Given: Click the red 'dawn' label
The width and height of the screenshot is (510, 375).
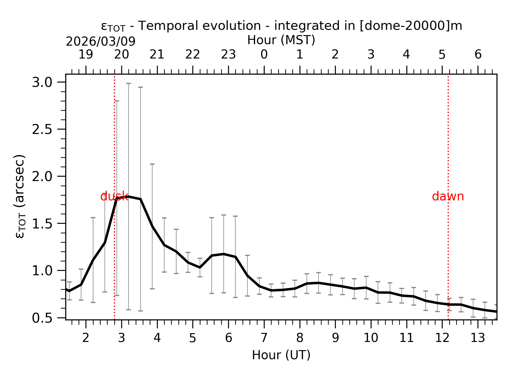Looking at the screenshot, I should [448, 197].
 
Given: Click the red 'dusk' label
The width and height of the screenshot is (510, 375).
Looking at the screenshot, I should [114, 197].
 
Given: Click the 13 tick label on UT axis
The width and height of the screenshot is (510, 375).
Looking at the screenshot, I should [478, 338].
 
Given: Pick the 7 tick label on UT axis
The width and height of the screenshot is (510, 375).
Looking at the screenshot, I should [264, 338].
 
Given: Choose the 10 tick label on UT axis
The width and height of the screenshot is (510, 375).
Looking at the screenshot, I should [371, 338].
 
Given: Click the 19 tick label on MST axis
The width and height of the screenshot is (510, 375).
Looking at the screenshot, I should [86, 54].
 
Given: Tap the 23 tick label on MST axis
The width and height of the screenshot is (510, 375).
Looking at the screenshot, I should [228, 54].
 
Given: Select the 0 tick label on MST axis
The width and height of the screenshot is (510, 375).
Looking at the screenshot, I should [264, 54].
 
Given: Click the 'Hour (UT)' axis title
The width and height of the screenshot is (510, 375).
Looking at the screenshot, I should [281, 355].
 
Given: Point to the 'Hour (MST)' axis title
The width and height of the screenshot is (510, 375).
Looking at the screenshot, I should [281, 40].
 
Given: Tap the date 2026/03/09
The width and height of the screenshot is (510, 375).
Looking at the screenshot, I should [100, 42].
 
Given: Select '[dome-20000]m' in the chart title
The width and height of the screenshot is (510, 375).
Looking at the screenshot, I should [411, 26].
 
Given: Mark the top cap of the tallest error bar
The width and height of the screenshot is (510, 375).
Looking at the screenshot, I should [129, 83].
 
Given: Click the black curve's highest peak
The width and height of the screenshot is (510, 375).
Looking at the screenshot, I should [129, 197].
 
